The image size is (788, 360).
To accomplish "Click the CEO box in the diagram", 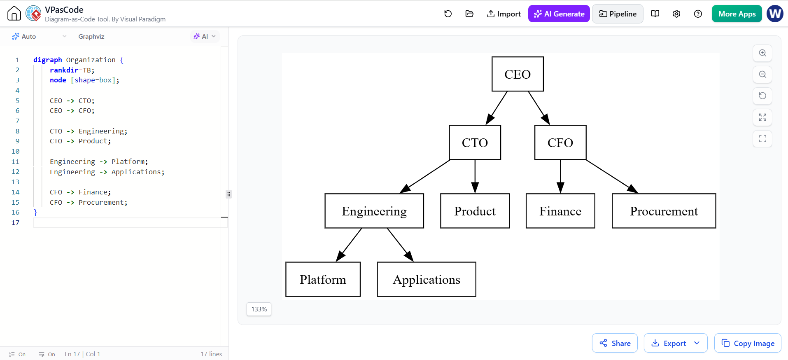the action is click(x=518, y=74).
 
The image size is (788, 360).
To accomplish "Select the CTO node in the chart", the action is click(x=475, y=143).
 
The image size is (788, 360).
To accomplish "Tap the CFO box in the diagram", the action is click(x=560, y=143).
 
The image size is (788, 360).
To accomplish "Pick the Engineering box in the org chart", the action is click(x=374, y=211).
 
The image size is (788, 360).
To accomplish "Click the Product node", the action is click(x=475, y=211).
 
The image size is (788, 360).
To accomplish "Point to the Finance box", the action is click(x=560, y=211).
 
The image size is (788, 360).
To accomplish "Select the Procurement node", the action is click(x=664, y=211).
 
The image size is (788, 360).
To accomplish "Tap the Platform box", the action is click(x=323, y=279).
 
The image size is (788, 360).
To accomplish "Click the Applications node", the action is click(x=427, y=279).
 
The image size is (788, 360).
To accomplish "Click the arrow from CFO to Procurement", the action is click(x=612, y=176).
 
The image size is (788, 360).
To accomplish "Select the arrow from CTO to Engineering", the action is click(x=424, y=176).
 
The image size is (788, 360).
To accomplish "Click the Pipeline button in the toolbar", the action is click(x=618, y=14).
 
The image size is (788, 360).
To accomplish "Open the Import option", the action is click(x=504, y=14).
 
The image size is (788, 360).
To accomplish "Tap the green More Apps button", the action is click(x=737, y=14).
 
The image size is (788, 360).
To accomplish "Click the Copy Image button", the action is click(x=748, y=343).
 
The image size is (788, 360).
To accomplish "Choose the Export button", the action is click(x=676, y=343).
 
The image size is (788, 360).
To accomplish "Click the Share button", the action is click(x=615, y=343).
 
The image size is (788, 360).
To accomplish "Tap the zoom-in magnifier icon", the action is click(x=762, y=53).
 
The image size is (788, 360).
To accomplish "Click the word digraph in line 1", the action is click(x=48, y=60).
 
